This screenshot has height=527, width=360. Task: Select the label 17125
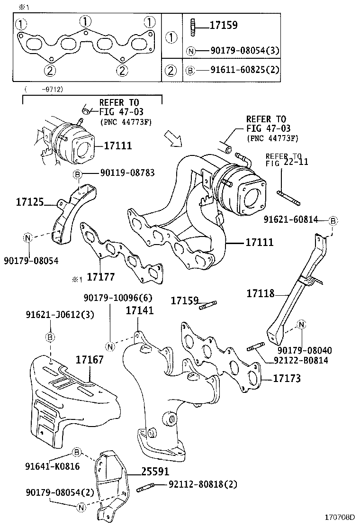(x=30, y=202)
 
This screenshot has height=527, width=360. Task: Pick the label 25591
(x=154, y=472)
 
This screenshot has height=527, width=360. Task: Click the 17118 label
(x=260, y=293)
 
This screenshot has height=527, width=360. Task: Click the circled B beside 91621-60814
(x=333, y=221)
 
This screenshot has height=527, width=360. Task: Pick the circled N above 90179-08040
(x=301, y=325)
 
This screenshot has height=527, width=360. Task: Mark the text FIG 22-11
(x=287, y=162)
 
